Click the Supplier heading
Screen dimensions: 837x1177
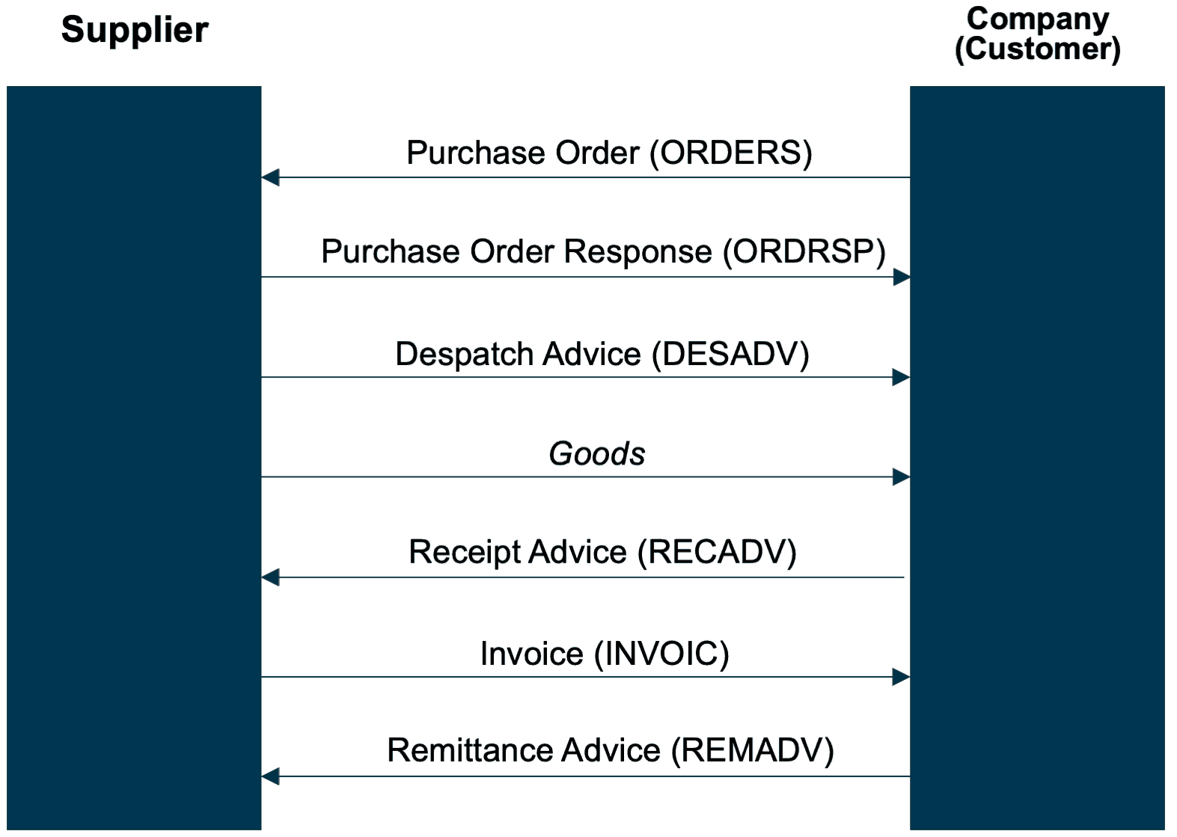135,31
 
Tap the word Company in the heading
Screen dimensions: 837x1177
1038,19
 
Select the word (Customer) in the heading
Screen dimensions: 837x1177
1038,49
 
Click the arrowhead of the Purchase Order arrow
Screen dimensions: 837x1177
271,178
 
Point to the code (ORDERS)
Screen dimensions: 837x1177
731,153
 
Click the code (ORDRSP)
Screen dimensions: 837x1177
804,252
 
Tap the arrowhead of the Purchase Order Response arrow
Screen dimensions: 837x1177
901,278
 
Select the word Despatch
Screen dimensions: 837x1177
465,355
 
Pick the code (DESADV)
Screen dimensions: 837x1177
730,355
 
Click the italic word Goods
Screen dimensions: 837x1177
596,454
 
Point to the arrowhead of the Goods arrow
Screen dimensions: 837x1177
901,477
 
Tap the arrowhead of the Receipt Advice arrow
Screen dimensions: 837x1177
271,577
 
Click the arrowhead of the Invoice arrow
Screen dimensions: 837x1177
901,678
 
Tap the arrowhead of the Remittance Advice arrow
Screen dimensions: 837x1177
271,777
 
